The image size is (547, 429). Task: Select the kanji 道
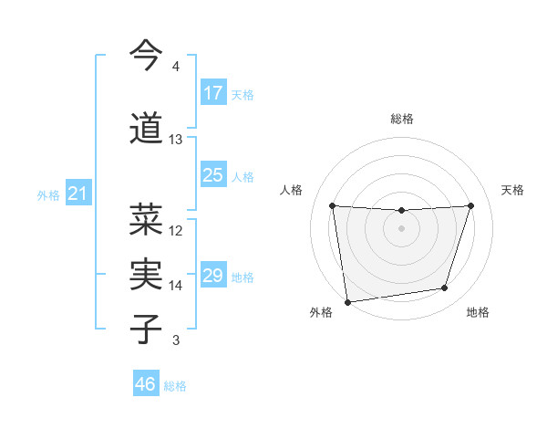(x=147, y=128)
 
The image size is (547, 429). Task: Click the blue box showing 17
(x=212, y=93)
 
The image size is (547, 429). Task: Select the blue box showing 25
(x=212, y=175)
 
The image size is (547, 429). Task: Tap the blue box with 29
(x=212, y=276)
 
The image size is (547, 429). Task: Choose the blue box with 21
(x=78, y=194)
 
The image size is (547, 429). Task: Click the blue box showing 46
(x=146, y=384)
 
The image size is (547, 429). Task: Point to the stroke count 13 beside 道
(x=176, y=140)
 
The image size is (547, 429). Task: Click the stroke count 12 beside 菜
(x=176, y=231)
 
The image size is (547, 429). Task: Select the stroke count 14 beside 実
(x=176, y=286)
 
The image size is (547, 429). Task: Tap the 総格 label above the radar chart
(x=401, y=119)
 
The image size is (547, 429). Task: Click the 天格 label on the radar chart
(x=512, y=190)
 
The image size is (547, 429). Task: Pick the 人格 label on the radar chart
(x=291, y=190)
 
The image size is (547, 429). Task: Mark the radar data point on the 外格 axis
(x=347, y=301)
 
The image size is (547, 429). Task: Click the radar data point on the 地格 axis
(x=445, y=288)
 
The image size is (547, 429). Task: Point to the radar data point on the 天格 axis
(x=470, y=205)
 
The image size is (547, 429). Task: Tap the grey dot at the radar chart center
(x=401, y=228)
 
